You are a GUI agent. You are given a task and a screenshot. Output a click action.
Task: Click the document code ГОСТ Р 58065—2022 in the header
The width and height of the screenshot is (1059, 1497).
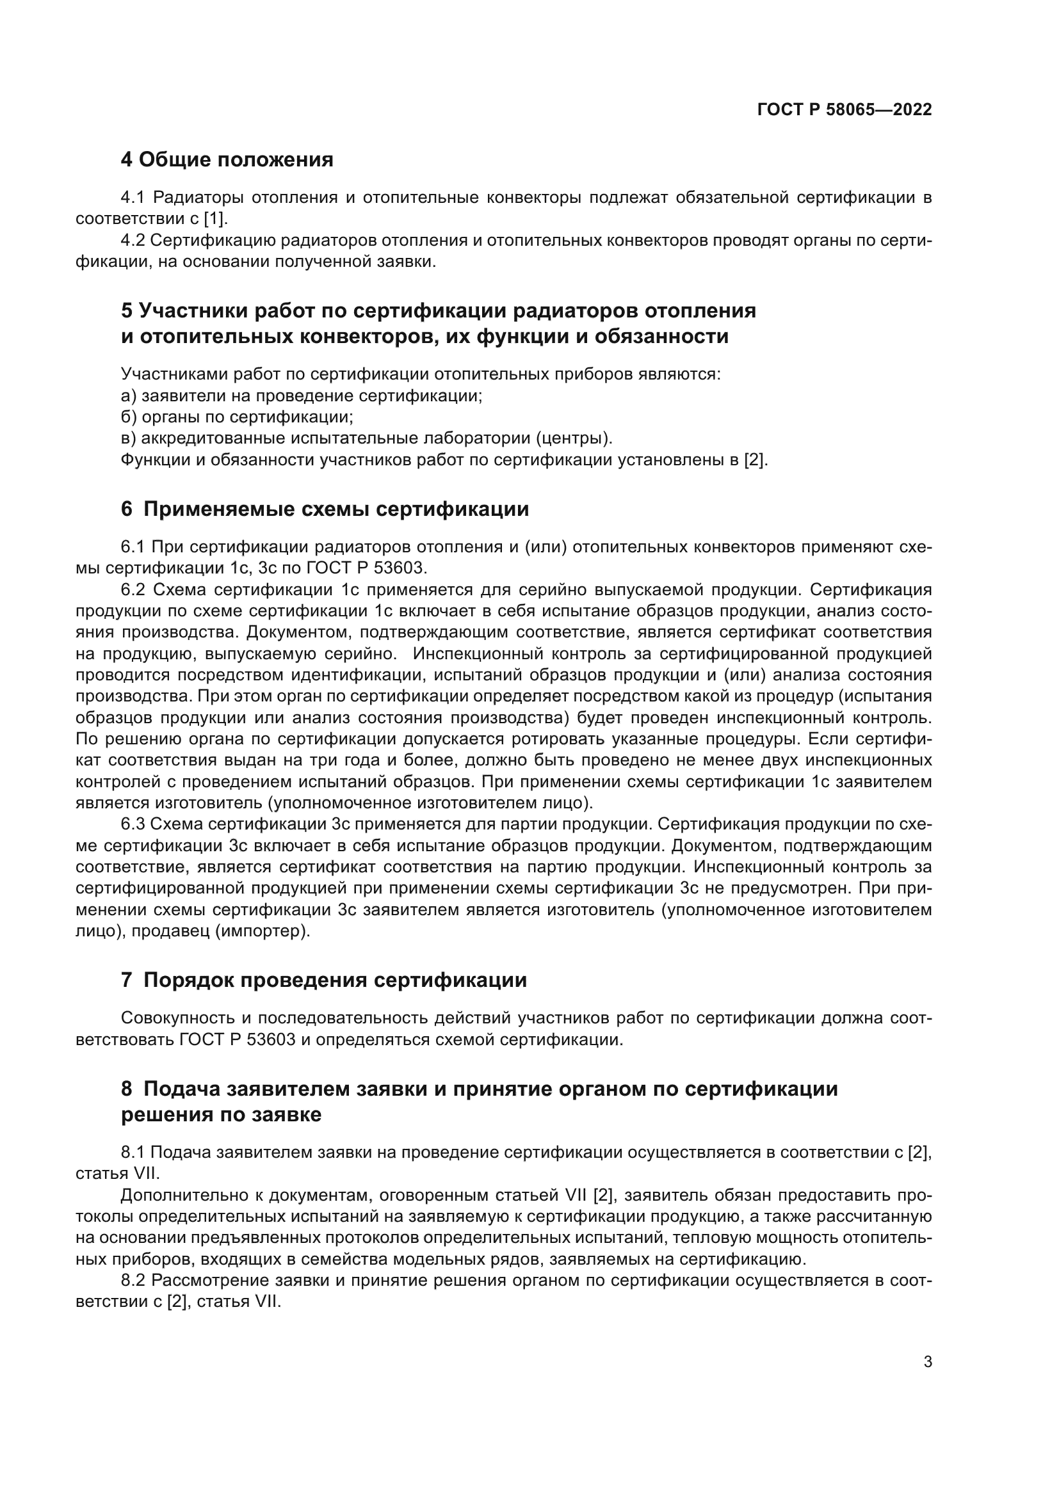844,109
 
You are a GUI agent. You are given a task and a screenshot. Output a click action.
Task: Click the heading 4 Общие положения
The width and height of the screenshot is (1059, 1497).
227,159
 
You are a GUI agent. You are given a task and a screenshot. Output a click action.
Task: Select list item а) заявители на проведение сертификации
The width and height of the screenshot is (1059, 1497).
302,396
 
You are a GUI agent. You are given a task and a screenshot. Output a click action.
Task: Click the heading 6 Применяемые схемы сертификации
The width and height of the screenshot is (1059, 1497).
325,509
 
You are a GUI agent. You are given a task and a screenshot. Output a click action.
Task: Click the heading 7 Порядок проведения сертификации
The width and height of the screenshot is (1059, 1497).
323,980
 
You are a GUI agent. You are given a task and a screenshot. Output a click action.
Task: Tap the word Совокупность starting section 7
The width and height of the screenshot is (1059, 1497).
178,1018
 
